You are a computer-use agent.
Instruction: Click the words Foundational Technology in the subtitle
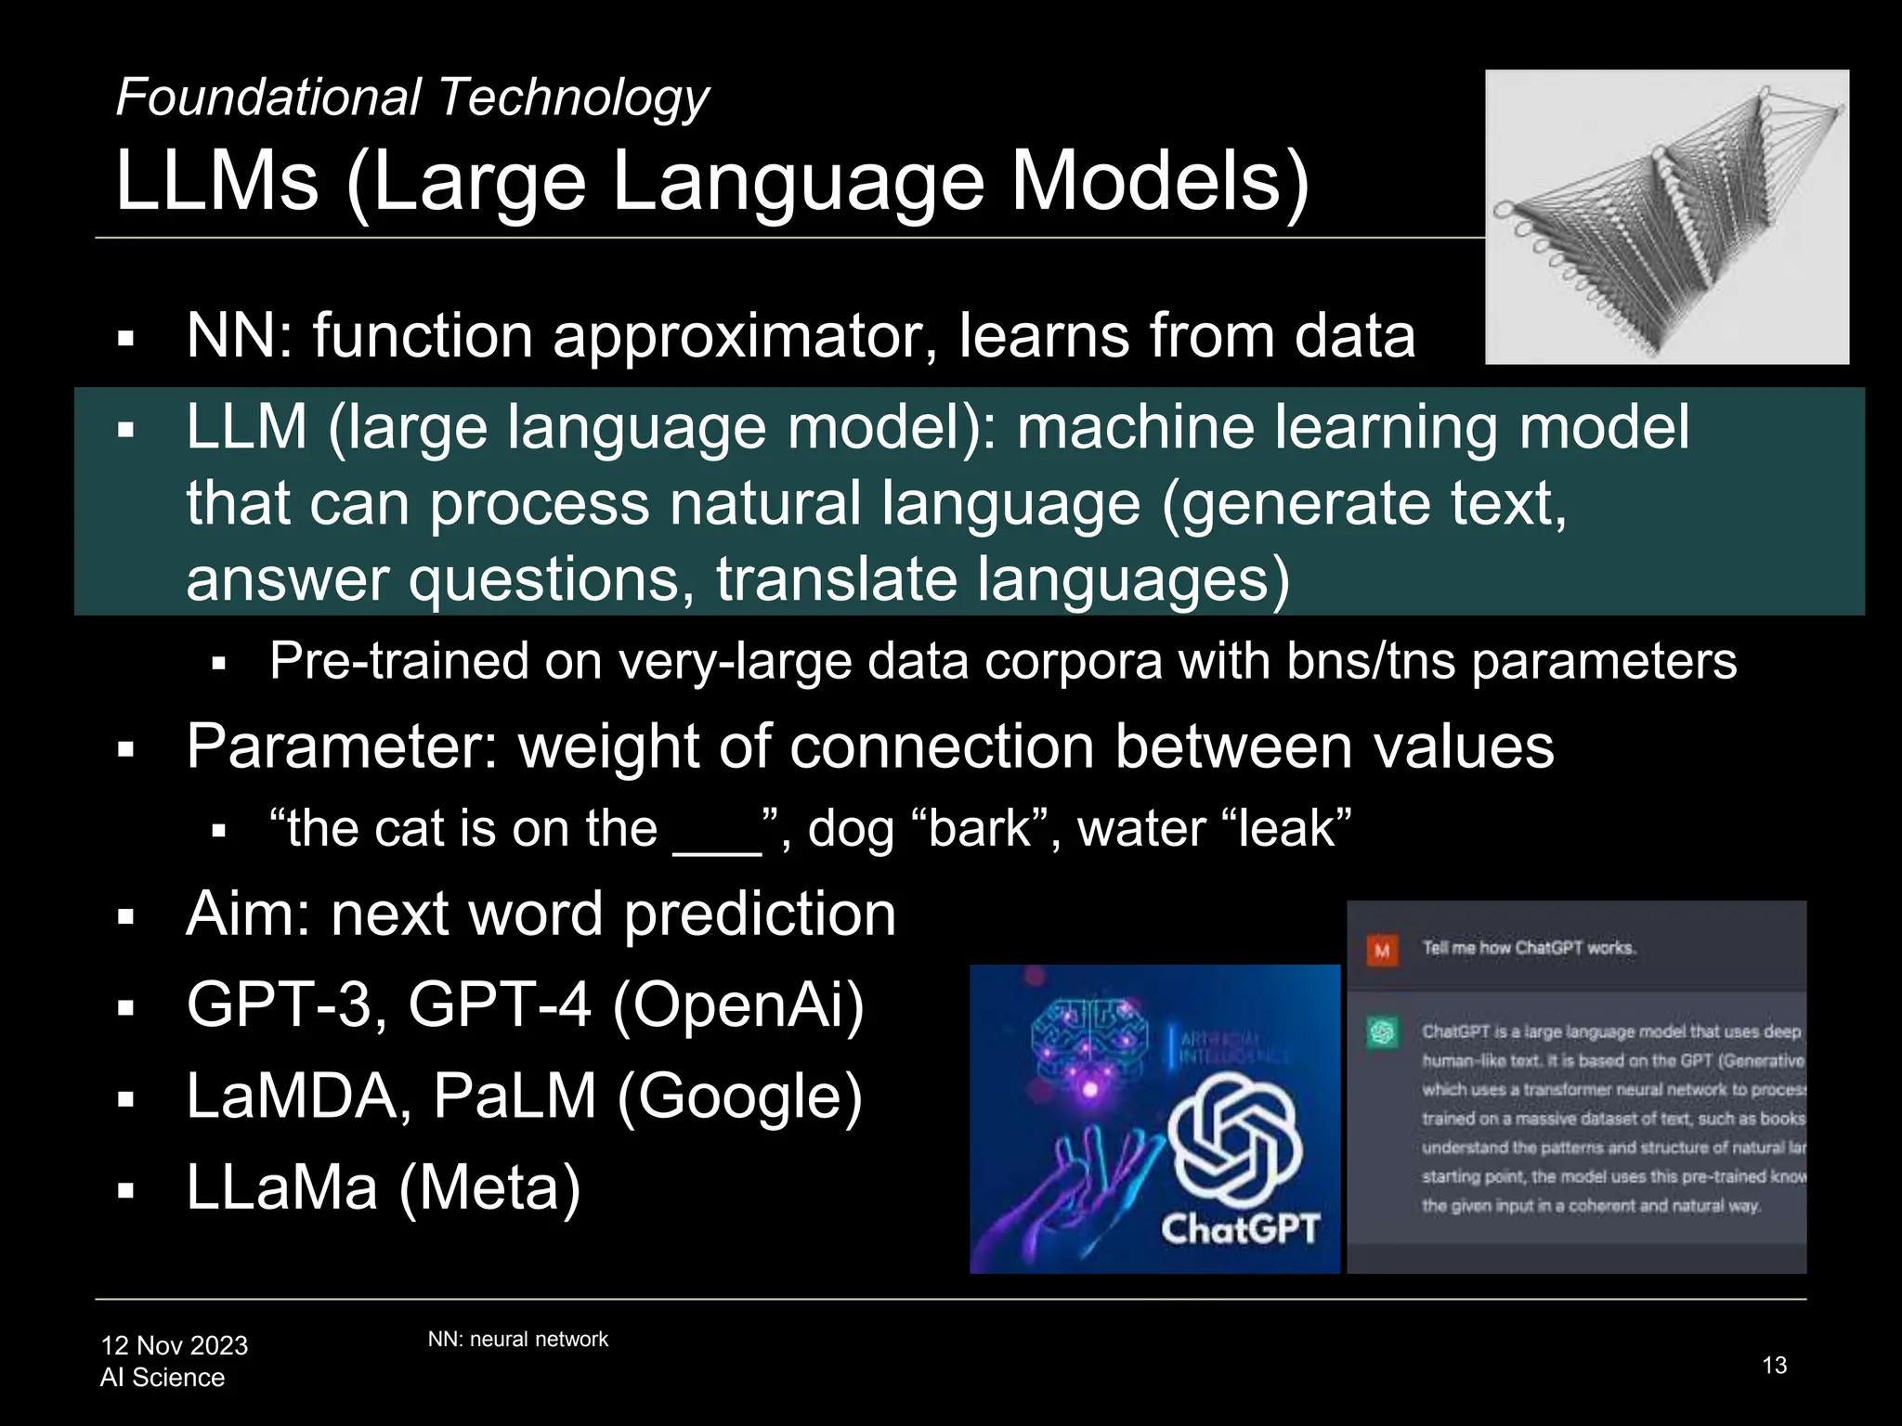(x=411, y=98)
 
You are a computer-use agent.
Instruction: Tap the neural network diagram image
(x=1666, y=216)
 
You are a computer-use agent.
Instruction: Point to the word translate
(x=836, y=579)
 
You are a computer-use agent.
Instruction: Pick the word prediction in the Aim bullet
(x=759, y=914)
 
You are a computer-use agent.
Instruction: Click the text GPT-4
(x=499, y=1005)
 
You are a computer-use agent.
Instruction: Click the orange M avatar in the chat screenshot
(x=1382, y=950)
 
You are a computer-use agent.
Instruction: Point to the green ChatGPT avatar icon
(x=1382, y=1032)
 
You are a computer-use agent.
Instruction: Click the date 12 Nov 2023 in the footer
(x=175, y=1345)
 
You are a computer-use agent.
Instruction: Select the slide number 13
(x=1774, y=1366)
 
